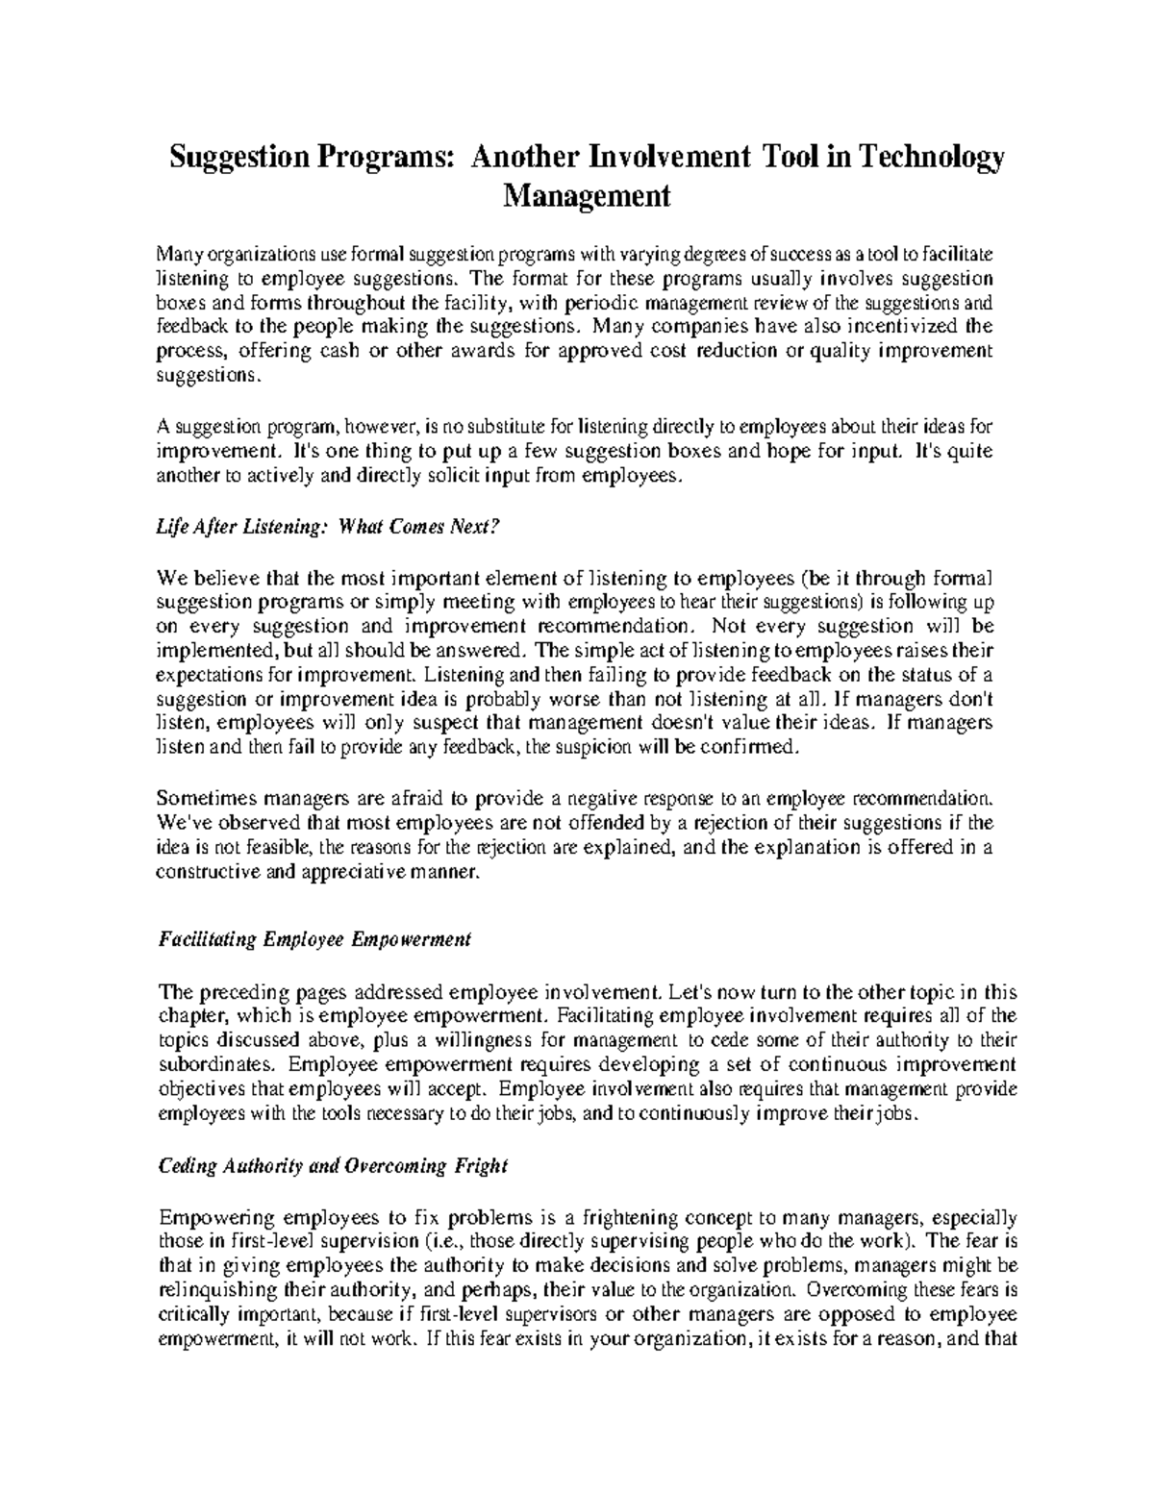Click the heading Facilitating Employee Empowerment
pos(314,939)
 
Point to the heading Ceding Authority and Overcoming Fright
pos(332,1167)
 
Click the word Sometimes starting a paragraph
pos(200,798)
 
